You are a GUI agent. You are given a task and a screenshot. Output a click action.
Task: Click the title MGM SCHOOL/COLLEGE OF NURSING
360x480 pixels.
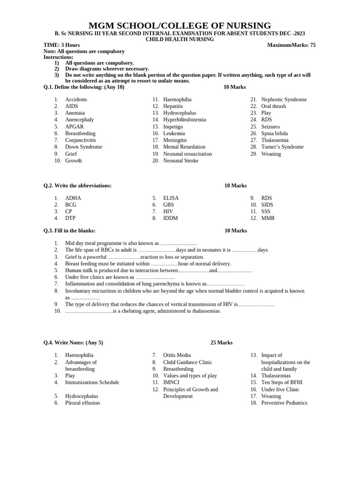click(x=180, y=26)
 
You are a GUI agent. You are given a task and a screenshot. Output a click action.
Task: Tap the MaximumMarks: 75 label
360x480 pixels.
click(x=291, y=45)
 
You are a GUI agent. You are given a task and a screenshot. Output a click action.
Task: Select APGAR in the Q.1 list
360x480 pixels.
click(x=75, y=127)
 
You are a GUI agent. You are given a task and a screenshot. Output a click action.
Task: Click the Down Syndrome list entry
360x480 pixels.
click(x=83, y=147)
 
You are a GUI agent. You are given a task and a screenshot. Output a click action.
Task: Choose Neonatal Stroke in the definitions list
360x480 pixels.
click(x=180, y=160)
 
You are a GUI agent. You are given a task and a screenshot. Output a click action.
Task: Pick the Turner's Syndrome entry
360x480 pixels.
click(x=282, y=147)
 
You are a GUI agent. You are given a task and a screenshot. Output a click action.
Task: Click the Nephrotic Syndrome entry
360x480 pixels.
click(x=284, y=99)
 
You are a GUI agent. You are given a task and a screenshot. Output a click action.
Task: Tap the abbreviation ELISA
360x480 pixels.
click(x=171, y=198)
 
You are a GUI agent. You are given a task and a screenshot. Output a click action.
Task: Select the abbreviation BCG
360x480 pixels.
click(x=71, y=205)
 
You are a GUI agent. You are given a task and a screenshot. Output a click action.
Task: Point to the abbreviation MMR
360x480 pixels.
click(x=268, y=218)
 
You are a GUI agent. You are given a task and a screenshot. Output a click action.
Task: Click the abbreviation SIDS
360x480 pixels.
click(x=267, y=205)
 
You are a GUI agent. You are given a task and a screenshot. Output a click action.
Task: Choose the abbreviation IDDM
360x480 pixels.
click(x=171, y=218)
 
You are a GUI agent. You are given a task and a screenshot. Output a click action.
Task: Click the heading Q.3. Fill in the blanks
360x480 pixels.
click(x=69, y=231)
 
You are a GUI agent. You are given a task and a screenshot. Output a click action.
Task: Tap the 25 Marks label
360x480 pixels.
click(x=221, y=343)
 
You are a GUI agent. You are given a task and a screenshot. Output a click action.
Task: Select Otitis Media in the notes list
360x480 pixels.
click(x=177, y=355)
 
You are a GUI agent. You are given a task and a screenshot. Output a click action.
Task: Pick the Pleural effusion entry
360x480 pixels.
click(x=82, y=403)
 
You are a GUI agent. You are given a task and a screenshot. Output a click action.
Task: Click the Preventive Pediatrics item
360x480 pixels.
click(x=284, y=403)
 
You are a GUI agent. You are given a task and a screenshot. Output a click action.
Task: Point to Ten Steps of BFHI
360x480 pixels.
click(x=278, y=382)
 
